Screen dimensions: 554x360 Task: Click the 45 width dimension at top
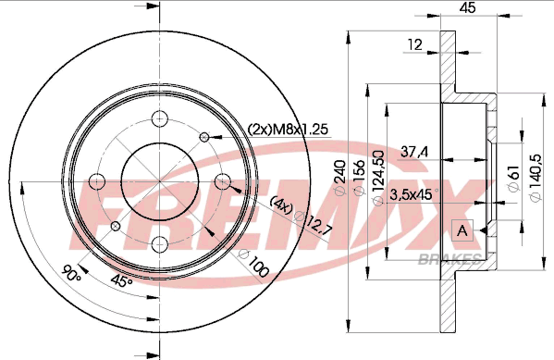click(467, 7)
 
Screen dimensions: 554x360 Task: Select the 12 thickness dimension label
click(415, 44)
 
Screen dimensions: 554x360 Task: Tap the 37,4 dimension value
click(414, 152)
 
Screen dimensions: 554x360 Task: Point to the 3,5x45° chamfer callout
click(413, 194)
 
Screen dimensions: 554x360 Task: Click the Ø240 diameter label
click(339, 177)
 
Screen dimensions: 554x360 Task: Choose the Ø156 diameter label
click(359, 177)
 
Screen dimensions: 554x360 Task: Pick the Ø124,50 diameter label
click(378, 178)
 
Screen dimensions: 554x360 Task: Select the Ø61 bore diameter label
click(514, 178)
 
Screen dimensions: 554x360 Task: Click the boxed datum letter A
click(462, 230)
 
